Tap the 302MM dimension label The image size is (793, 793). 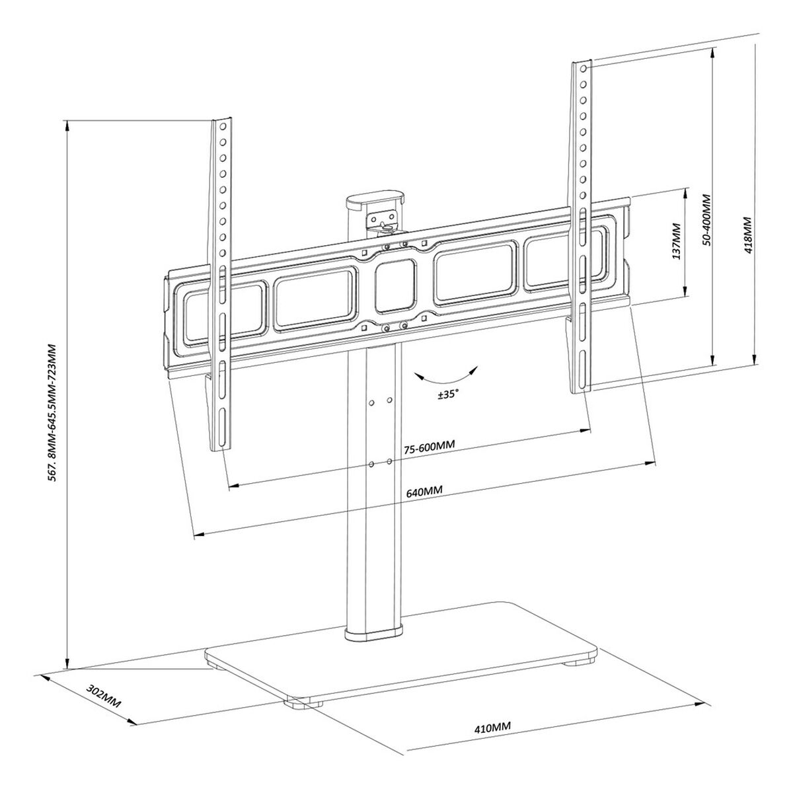click(x=104, y=694)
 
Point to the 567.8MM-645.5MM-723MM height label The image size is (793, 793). click(x=54, y=413)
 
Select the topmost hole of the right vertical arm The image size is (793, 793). click(x=583, y=69)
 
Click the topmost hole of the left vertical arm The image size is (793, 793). click(x=223, y=126)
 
